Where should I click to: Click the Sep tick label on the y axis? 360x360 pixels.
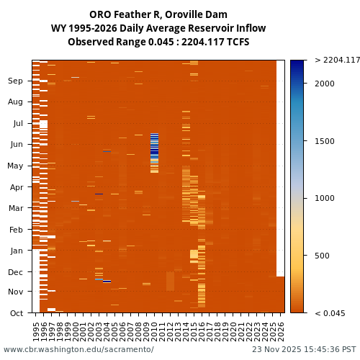15,81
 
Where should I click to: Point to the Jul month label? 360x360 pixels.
17,123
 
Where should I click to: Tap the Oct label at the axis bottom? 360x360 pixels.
16,312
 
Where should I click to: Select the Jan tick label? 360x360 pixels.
16,251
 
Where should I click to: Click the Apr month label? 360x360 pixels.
16,187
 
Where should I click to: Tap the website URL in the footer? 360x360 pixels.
78,349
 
